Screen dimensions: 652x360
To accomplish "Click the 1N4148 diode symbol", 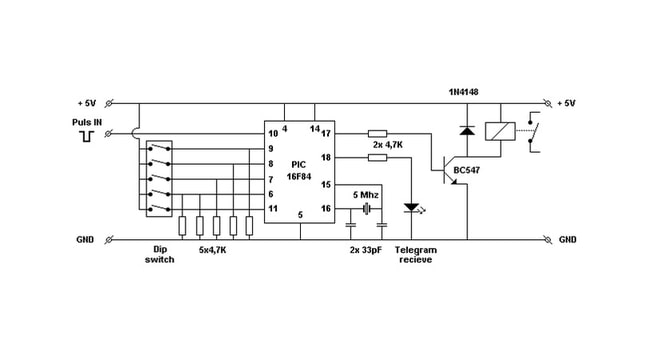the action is (467, 131).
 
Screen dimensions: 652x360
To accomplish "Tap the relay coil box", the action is (500, 131).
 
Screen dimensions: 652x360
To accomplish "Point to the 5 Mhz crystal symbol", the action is (366, 208).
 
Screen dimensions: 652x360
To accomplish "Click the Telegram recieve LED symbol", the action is (413, 208).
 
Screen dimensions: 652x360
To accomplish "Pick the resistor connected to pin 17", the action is (378, 133).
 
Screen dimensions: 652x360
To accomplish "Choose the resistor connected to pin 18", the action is (378, 158).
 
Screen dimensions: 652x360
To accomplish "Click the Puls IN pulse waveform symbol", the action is (87, 136).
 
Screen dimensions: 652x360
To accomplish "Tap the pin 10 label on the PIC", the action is (273, 133).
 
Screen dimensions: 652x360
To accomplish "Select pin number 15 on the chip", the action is (326, 184).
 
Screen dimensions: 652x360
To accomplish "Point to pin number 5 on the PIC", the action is (300, 215).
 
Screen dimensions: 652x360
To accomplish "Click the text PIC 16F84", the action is (299, 170).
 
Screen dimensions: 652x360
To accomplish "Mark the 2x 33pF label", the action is (366, 250).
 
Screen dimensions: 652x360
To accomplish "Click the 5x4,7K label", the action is (212, 250).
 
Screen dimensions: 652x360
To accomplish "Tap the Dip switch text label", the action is (160, 254).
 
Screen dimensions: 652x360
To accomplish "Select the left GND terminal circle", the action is (109, 239).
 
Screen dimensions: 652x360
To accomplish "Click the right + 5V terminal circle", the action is (548, 103).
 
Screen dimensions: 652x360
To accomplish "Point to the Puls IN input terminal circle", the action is (109, 133).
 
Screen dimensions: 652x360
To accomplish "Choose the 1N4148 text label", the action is (464, 92).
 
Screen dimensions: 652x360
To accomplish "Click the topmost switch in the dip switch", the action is (159, 148).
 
